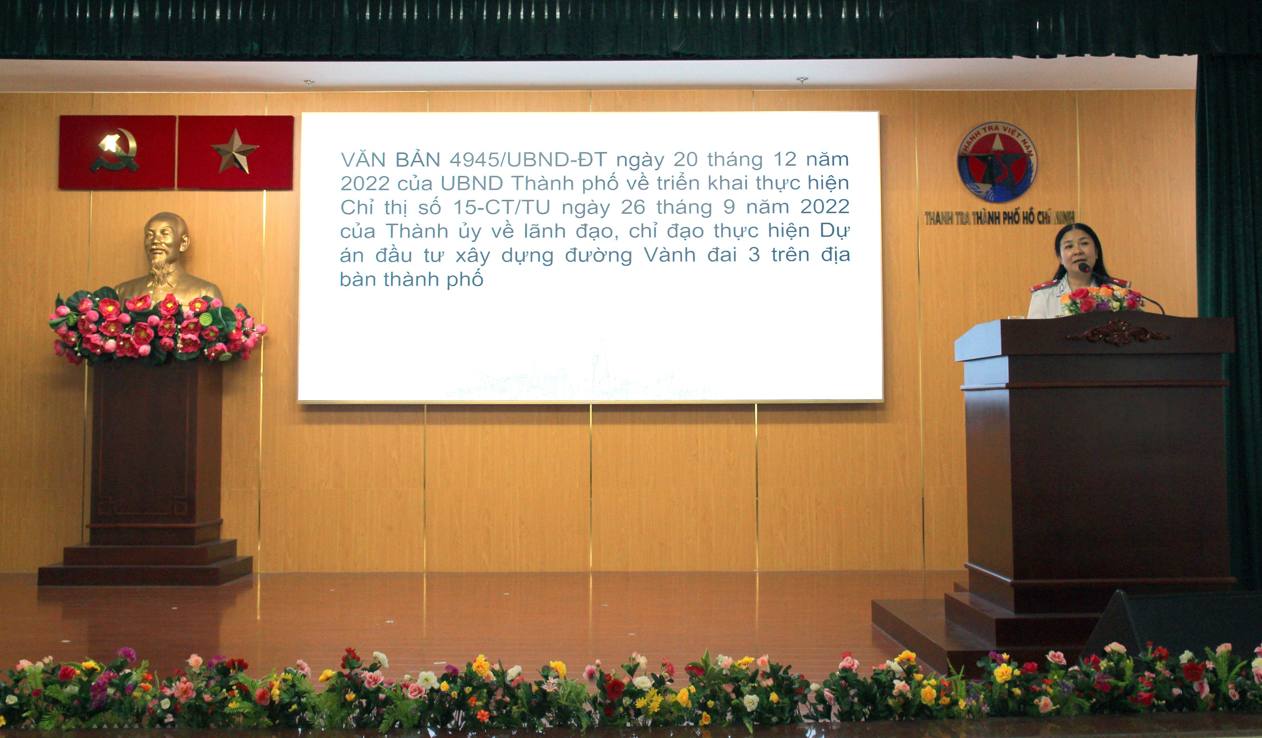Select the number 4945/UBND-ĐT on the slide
528,160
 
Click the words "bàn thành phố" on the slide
412,279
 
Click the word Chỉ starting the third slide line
357,207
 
